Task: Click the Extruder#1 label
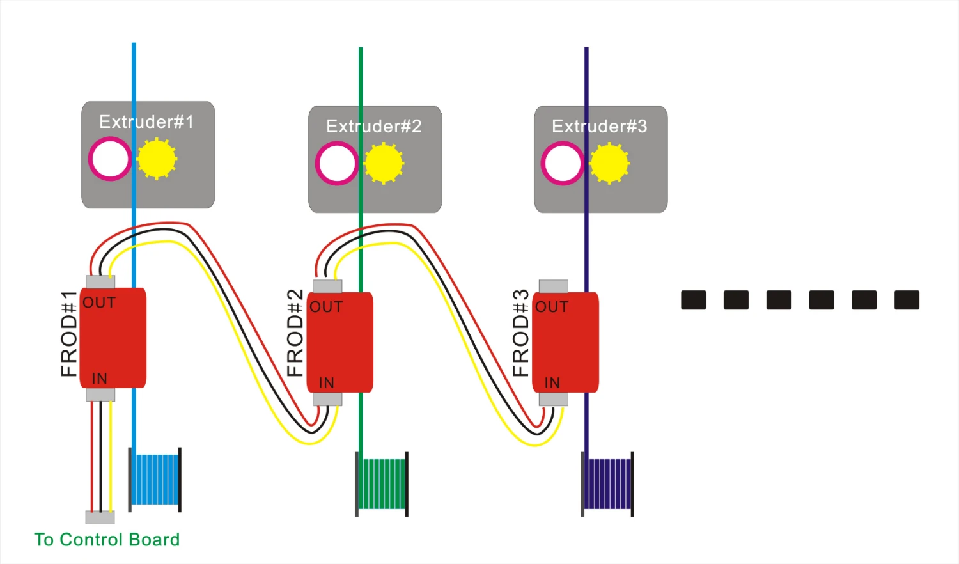(146, 121)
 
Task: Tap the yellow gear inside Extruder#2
(384, 164)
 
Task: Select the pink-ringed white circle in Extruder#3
(563, 164)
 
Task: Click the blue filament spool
(155, 480)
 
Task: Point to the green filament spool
(382, 484)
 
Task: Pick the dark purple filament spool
(608, 484)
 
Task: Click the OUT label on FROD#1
(99, 302)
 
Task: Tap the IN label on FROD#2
(327, 382)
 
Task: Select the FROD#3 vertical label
(521, 333)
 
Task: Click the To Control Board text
(107, 540)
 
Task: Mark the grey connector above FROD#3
(554, 286)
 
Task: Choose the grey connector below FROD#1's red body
(100, 395)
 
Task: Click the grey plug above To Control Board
(100, 517)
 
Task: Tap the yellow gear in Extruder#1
(157, 159)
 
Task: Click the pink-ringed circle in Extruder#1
(111, 159)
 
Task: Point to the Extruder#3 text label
(600, 126)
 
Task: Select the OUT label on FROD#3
(552, 307)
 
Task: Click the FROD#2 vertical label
(295, 333)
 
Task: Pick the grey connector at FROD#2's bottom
(327, 399)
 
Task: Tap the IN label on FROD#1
(100, 378)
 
